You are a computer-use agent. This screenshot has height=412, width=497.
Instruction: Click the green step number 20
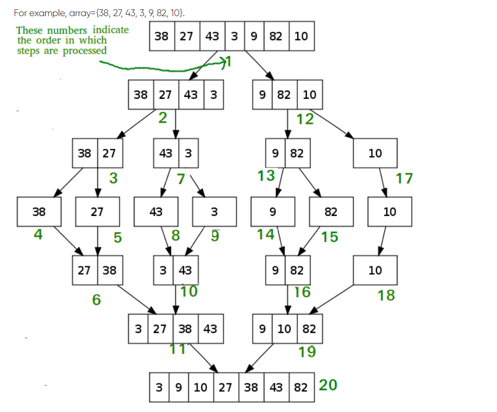(328, 385)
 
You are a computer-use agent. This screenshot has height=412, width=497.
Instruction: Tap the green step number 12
(305, 119)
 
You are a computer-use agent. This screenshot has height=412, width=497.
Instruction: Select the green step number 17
(404, 178)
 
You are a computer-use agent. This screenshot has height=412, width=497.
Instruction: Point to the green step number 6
(96, 300)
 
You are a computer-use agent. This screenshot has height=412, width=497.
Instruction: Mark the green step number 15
(330, 237)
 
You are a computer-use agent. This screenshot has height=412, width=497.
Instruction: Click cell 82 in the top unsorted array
(276, 36)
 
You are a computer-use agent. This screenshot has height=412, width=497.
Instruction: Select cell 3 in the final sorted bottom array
(159, 387)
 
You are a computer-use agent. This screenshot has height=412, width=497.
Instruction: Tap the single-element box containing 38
(39, 212)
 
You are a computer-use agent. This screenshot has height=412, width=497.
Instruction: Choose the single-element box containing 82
(331, 212)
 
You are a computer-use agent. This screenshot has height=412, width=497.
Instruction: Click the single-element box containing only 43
(156, 212)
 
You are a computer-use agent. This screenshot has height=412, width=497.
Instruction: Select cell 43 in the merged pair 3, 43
(186, 270)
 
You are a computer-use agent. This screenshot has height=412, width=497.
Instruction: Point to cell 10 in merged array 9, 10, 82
(284, 329)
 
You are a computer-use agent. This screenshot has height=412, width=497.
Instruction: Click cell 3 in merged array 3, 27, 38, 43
(138, 329)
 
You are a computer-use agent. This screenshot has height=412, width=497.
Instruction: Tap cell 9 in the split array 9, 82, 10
(263, 95)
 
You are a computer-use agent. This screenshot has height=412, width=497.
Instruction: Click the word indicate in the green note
(111, 30)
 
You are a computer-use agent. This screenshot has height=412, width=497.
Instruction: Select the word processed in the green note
(84, 51)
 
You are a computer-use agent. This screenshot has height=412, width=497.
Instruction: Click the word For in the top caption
(20, 13)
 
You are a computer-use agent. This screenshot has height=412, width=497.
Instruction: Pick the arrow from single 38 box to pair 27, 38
(69, 241)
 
